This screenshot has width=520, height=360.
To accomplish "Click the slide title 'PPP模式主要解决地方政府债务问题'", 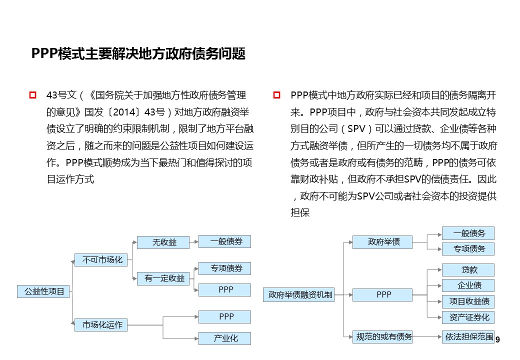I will tap(138, 54).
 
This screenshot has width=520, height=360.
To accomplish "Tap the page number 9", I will tap(497, 340).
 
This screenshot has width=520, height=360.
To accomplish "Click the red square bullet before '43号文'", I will tap(33, 95).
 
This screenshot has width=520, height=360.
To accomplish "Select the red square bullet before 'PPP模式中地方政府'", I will tap(277, 95).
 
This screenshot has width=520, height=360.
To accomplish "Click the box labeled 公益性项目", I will tap(44, 291).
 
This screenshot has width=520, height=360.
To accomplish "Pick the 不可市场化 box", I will tap(102, 259).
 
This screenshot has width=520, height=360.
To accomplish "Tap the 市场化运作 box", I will tap(102, 324).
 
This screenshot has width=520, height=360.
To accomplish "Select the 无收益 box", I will tap(164, 242).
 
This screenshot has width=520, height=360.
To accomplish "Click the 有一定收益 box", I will tap(164, 278).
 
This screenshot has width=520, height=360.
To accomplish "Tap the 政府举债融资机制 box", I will tap(300, 295).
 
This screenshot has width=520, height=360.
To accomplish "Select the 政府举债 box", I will tap(383, 242).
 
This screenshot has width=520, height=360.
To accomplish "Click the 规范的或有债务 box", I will tap(382, 337).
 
